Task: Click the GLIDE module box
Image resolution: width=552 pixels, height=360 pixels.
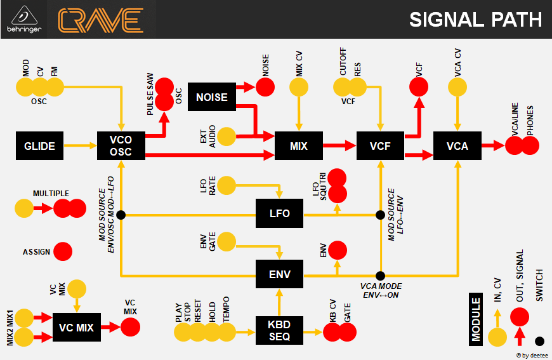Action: point(39,146)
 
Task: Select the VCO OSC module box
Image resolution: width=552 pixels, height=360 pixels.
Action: point(121,146)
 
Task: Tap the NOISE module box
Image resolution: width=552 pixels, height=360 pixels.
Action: point(211,97)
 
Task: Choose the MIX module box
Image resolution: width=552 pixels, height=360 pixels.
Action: point(298,146)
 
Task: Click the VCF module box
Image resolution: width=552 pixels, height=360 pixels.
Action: point(380,146)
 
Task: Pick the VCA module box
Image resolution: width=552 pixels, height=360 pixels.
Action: point(457,146)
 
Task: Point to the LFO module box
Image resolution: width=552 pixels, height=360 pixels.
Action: point(279,213)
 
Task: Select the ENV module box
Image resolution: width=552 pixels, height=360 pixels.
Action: point(279,274)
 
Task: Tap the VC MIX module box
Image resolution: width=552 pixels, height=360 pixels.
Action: point(76,328)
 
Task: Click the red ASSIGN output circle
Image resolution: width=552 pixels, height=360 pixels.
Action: point(63,252)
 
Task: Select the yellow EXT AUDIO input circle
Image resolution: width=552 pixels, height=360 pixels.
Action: point(227,135)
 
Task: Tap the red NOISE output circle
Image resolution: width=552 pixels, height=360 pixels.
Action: point(265,88)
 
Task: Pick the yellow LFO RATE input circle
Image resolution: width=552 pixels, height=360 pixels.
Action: point(227,185)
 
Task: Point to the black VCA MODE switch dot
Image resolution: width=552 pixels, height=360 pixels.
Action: point(380,276)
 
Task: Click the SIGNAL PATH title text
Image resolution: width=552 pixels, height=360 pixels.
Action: point(475,20)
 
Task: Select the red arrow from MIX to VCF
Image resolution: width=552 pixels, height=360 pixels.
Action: point(339,146)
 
